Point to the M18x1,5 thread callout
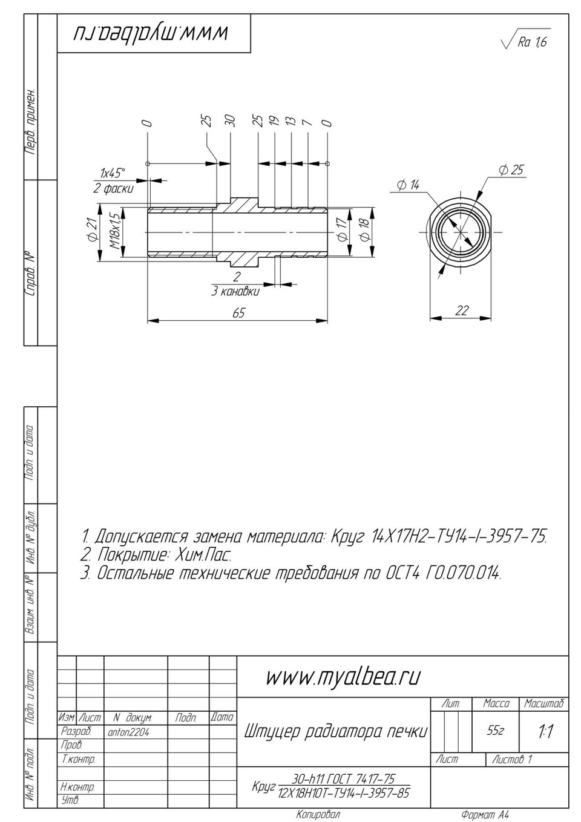coord(115,233)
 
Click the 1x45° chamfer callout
coord(113,173)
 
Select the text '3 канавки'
coord(235,292)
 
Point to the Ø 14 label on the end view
coord(408,185)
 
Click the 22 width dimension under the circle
coord(461,310)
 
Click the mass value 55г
coord(495,731)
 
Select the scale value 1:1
coord(545,731)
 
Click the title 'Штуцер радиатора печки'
coord(335,731)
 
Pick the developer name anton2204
coord(128,732)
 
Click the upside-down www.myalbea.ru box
coord(154,34)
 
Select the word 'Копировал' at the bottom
coord(318,814)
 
